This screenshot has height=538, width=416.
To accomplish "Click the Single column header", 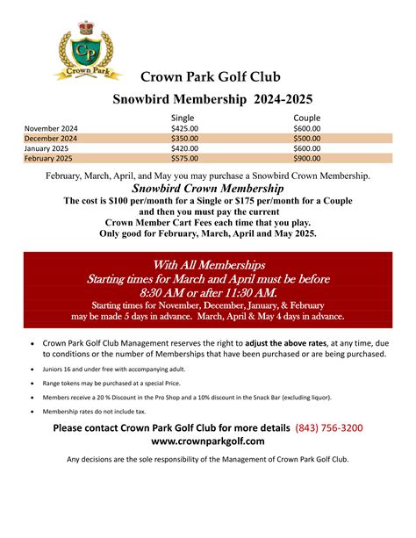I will click(183, 118).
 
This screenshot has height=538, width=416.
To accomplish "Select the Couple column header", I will click(307, 118).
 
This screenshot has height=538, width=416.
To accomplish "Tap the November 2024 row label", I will click(50, 128).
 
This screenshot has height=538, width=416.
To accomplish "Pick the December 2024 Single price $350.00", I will click(185, 138).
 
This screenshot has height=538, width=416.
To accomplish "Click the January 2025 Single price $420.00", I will click(185, 148).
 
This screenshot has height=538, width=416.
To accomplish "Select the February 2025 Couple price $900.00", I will click(307, 159).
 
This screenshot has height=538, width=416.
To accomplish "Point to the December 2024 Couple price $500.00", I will click(307, 138).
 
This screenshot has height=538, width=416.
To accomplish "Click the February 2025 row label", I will click(49, 159).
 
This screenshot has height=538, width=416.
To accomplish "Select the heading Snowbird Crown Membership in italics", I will click(207, 189).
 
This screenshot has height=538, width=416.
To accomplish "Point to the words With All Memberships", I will click(208, 265).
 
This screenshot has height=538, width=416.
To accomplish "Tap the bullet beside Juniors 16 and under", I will click(32, 370).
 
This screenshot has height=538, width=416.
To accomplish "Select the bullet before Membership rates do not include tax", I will click(32, 410).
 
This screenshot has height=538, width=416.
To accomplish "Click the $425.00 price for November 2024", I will click(185, 128).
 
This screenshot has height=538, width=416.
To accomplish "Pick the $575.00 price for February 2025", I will click(185, 159).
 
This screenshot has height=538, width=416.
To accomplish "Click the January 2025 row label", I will click(47, 148).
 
